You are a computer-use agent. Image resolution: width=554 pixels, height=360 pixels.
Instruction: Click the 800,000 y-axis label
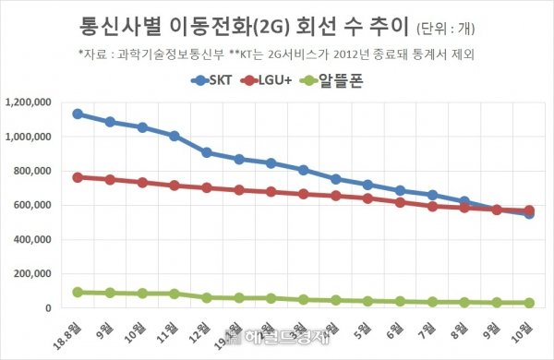point(33,171)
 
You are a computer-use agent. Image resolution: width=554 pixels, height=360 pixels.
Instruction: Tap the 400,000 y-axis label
point(33,239)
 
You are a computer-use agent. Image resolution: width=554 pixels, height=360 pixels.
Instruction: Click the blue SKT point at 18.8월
point(78,114)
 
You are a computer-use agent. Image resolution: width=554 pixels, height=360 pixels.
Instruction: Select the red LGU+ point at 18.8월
point(78,177)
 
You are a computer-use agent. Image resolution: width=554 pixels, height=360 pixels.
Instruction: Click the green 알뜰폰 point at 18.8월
point(78,292)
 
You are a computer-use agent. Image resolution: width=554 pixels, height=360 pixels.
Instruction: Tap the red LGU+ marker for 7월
point(432,206)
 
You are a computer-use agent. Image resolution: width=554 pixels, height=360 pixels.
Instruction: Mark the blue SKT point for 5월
point(367,185)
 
